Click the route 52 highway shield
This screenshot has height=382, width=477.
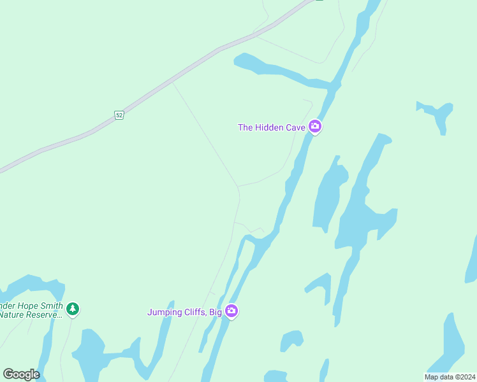click(x=119, y=115)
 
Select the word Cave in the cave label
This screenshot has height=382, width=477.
click(x=295, y=127)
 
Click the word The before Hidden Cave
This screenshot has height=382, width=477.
click(x=246, y=127)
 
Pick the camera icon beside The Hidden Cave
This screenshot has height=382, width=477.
click(x=314, y=127)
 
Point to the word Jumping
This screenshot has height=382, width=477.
click(x=164, y=312)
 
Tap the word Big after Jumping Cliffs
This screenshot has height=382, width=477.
click(x=215, y=312)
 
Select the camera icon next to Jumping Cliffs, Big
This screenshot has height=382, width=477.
click(x=231, y=311)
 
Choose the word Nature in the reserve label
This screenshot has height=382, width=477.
click(x=13, y=315)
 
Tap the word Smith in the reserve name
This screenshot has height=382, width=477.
click(x=51, y=306)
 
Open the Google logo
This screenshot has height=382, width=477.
click(x=21, y=374)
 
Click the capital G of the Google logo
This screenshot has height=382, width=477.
click(x=8, y=374)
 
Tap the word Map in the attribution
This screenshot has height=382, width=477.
click(x=431, y=377)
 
